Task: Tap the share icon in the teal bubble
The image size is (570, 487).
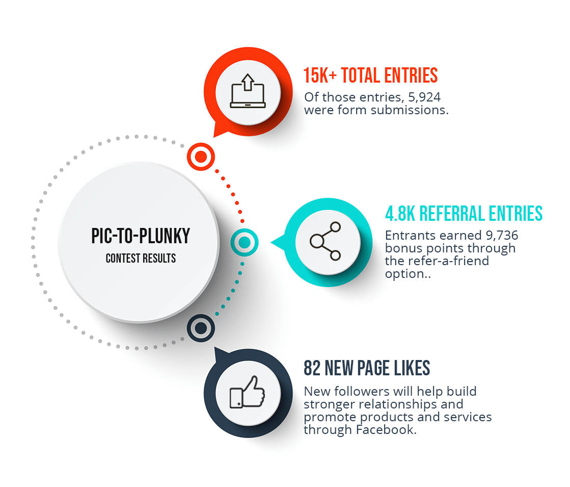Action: point(325,241)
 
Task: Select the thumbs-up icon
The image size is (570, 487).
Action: point(248,392)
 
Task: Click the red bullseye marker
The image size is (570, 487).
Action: point(201,157)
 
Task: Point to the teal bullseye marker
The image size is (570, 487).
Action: point(245,242)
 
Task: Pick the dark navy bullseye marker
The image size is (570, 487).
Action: point(201,328)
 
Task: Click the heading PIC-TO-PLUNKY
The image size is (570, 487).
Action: point(141,236)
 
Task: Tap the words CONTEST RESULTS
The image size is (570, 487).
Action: point(141,259)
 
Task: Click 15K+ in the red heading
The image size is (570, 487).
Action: point(320,75)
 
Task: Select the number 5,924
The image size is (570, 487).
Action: point(424,97)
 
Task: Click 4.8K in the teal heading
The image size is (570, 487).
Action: point(400,214)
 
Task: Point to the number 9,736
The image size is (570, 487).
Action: point(502,236)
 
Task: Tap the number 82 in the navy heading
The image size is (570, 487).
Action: point(312,368)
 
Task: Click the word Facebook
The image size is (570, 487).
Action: point(386,430)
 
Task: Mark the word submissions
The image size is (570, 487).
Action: point(410,110)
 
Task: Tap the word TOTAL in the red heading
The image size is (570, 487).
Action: point(361,75)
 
